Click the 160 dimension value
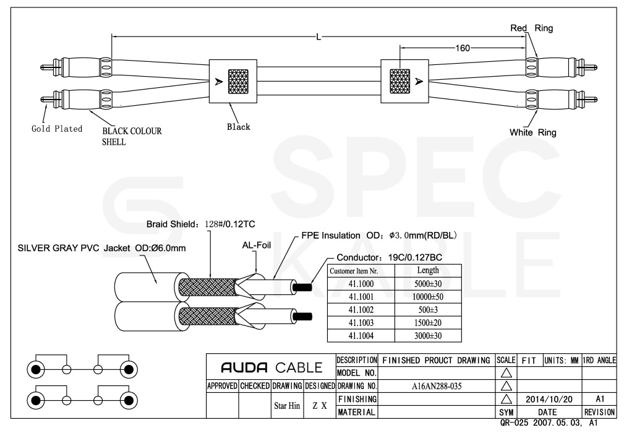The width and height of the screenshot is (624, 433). [462, 48]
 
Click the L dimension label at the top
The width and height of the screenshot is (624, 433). [318, 38]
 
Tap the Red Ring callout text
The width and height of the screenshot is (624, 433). [531, 28]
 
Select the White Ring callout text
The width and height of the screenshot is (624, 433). [532, 132]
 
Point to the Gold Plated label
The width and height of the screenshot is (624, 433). [57, 129]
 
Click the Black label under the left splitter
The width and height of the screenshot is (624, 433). [238, 127]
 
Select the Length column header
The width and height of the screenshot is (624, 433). [428, 270]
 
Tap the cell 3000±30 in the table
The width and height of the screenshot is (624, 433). [428, 335]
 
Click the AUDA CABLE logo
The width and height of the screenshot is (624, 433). [271, 367]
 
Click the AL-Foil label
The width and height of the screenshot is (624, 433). [257, 244]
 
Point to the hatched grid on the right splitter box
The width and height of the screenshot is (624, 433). [399, 81]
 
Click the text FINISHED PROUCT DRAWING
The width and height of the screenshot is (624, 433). [437, 359]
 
